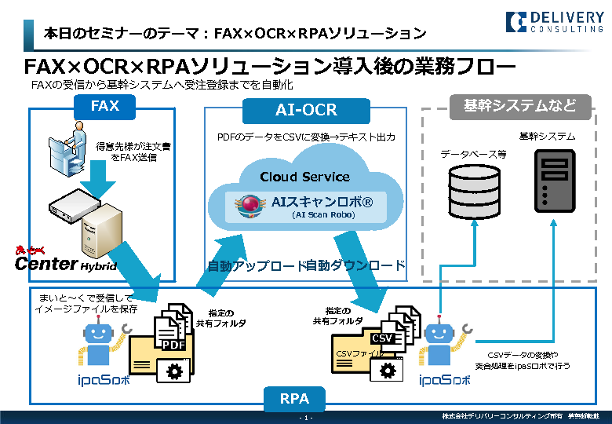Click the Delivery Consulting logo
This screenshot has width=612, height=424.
(x=556, y=20)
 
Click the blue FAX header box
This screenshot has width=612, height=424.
(x=104, y=106)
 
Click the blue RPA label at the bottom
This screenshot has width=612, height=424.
(x=294, y=399)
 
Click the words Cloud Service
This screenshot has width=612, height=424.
(x=305, y=177)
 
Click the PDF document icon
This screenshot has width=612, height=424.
(x=173, y=332)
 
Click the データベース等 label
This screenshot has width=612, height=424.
(x=472, y=154)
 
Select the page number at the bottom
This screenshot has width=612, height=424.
(x=306, y=417)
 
